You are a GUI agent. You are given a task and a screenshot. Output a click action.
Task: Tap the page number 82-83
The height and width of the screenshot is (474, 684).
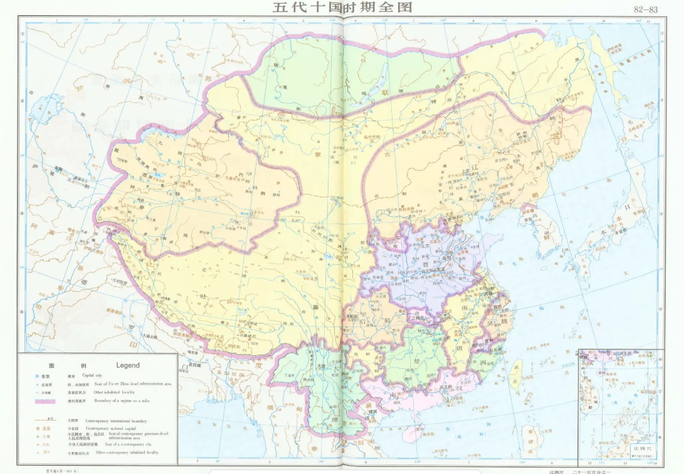click(x=645, y=9)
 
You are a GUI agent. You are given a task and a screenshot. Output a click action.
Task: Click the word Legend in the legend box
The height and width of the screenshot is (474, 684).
click(x=128, y=365)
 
